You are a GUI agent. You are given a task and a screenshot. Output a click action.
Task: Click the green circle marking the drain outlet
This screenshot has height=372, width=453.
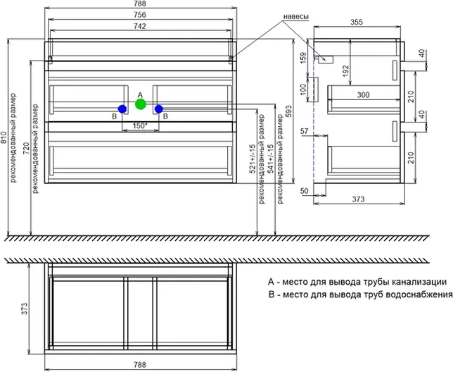(x=140, y=105)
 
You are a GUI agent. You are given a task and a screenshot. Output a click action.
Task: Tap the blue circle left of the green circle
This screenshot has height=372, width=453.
(x=122, y=108)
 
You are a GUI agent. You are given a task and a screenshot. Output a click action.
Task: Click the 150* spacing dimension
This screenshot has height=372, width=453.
(x=140, y=125)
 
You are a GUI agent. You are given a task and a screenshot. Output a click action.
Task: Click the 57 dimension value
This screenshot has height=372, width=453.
(x=304, y=131)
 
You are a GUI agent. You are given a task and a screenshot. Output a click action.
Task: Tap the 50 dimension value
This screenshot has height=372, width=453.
(x=304, y=191)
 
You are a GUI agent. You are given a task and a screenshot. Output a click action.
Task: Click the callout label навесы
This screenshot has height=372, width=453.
(x=296, y=16)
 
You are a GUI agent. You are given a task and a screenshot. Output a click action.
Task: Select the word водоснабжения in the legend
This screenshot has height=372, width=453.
(x=409, y=294)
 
